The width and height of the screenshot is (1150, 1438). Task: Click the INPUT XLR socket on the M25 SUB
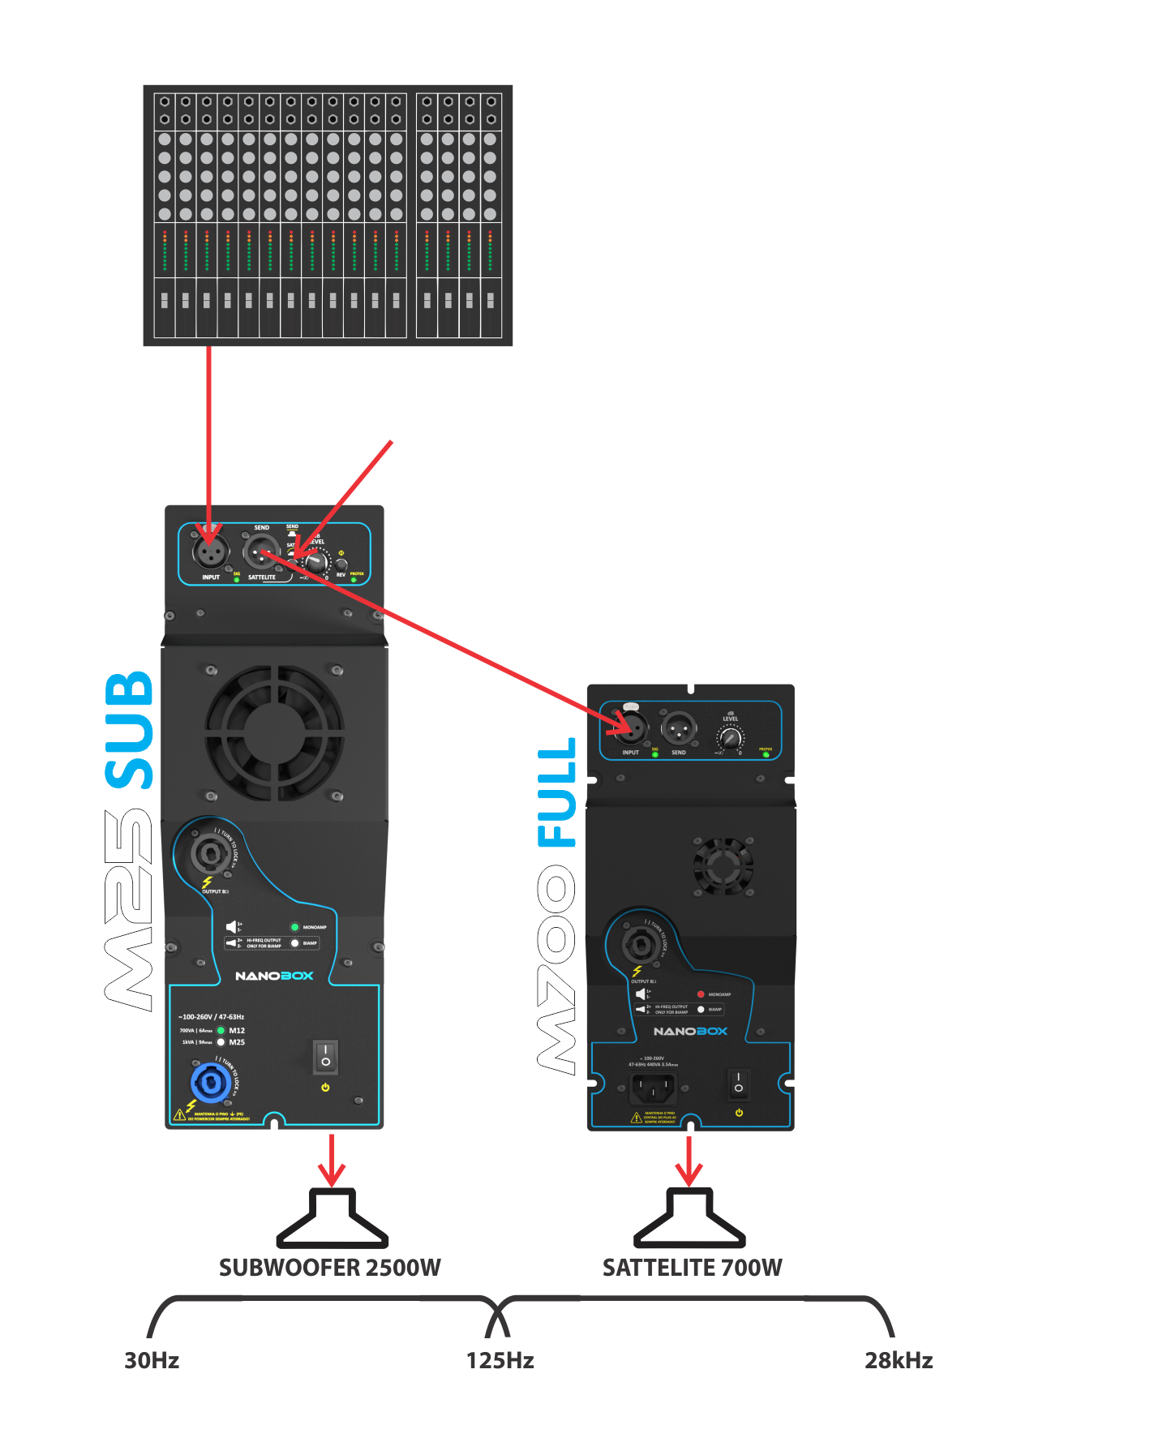tap(209, 553)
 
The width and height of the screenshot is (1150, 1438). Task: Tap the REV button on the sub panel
tap(341, 564)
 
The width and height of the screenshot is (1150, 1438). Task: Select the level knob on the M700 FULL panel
tap(731, 738)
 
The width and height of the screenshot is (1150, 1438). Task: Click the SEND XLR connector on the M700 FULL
tap(679, 728)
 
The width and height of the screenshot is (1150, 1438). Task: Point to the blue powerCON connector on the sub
tap(210, 1083)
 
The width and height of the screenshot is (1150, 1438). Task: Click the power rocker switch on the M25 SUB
tap(325, 1056)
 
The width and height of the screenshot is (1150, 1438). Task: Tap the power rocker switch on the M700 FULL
tap(738, 1083)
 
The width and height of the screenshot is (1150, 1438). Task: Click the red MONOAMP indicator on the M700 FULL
tap(701, 994)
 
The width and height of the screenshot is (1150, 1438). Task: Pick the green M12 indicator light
tap(221, 1030)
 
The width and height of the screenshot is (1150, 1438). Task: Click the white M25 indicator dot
tap(221, 1042)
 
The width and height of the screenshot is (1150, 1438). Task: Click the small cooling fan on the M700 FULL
tap(723, 865)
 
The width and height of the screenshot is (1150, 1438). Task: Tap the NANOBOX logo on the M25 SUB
tap(274, 976)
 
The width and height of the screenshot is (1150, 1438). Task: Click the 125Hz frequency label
tap(500, 1360)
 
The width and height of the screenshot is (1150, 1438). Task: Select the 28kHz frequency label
tap(898, 1360)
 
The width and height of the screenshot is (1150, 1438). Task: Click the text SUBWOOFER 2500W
tap(330, 1267)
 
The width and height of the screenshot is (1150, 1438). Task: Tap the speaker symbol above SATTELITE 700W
tap(689, 1218)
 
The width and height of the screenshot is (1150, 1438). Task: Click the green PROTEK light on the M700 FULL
tap(766, 755)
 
